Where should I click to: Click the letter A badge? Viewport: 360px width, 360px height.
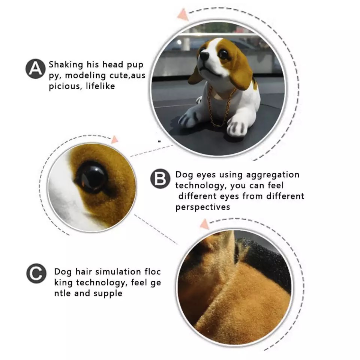(35, 69)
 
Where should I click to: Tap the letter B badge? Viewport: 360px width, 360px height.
(160, 178)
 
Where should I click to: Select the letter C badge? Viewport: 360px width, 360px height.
(36, 273)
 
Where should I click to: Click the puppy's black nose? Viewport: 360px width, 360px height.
(204, 55)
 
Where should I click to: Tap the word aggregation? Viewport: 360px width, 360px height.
(273, 175)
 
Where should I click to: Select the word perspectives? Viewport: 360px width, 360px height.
(203, 207)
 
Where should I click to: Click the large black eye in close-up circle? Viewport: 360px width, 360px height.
(92, 177)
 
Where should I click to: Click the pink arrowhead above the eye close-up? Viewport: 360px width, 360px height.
(115, 139)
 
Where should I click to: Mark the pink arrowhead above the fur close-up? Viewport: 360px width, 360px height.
(204, 224)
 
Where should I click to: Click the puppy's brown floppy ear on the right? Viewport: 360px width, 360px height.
(241, 71)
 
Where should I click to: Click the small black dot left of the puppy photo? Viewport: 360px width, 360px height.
(159, 141)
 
